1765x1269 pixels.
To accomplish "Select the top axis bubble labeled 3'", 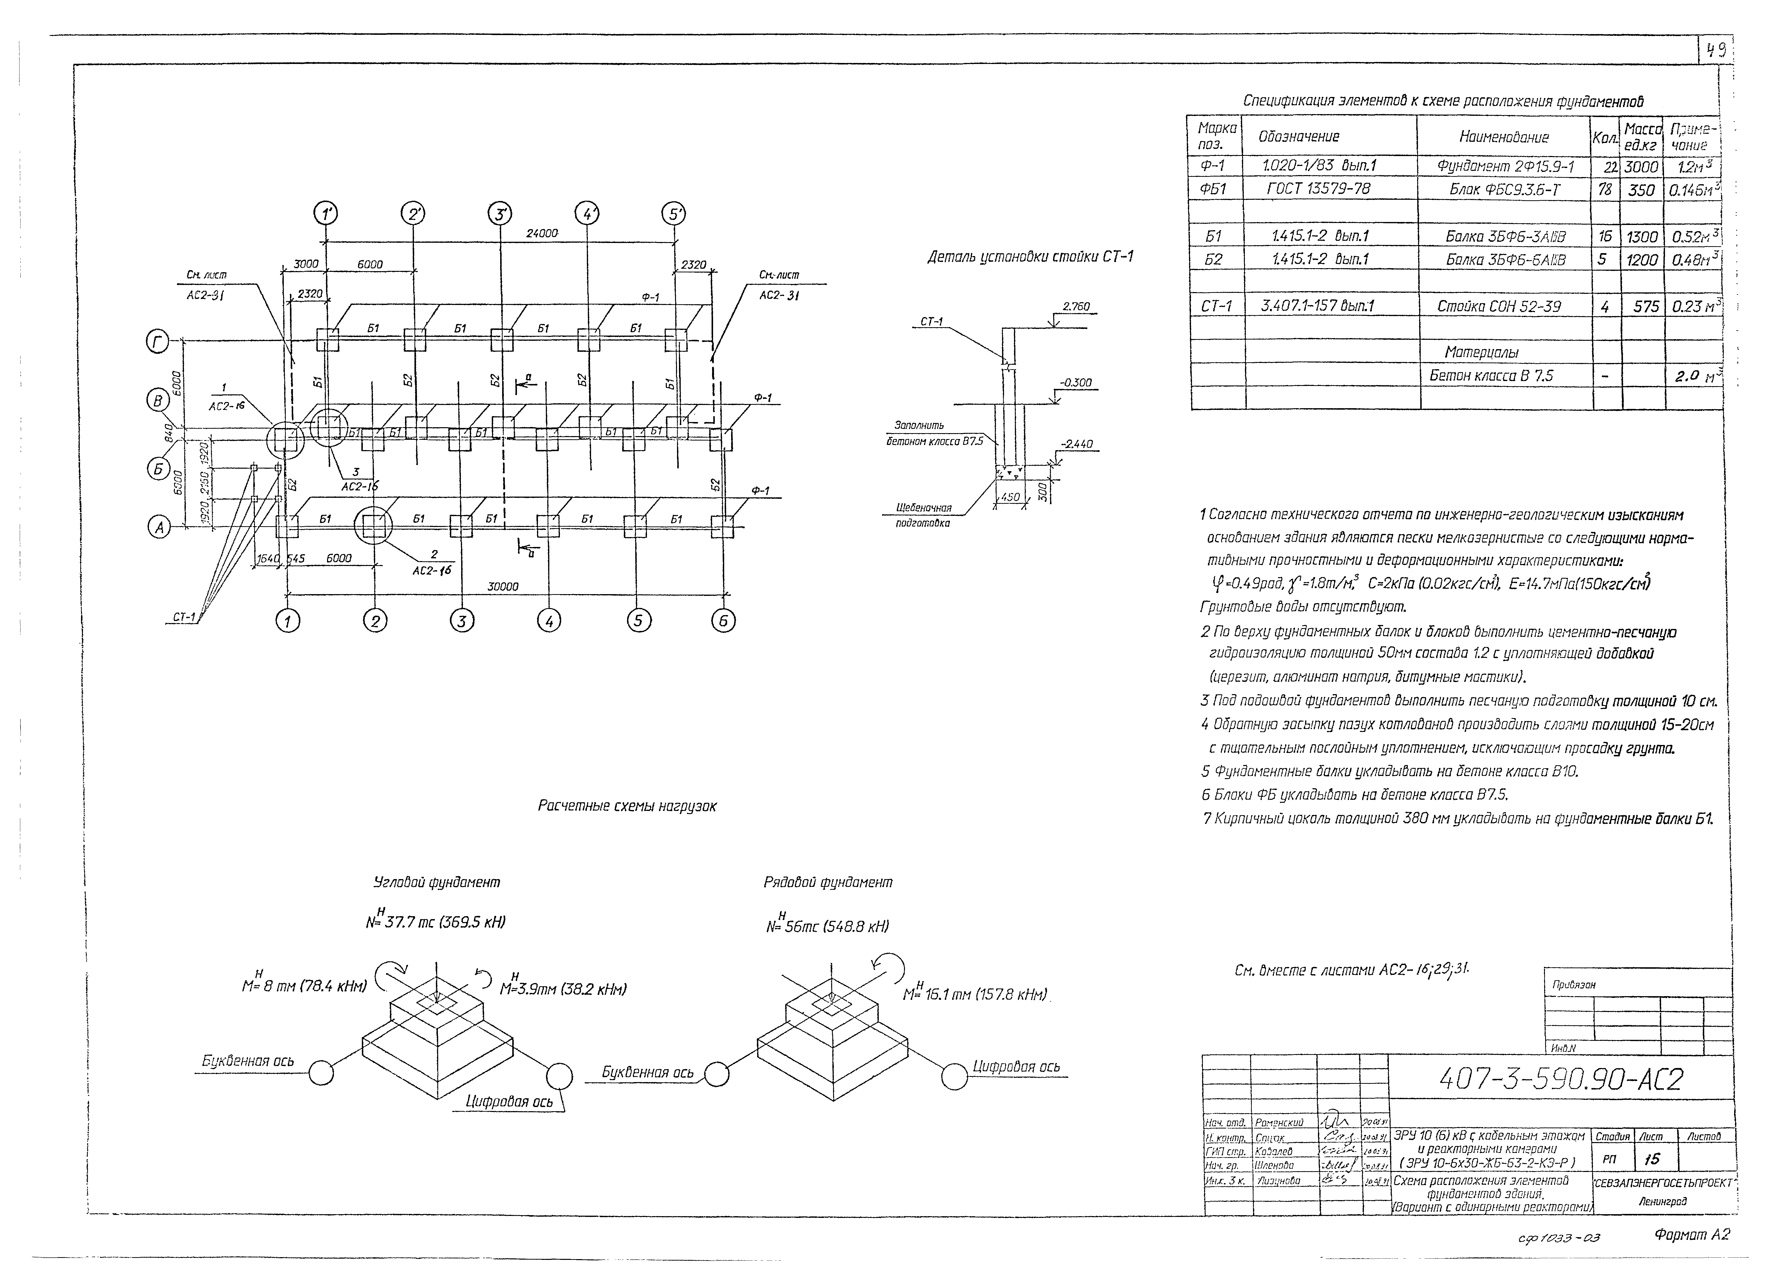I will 500,213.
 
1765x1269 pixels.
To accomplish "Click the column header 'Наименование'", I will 1503,137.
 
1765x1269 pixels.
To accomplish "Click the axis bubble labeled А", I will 160,527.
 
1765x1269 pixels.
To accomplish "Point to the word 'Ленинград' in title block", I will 1662,1201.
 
